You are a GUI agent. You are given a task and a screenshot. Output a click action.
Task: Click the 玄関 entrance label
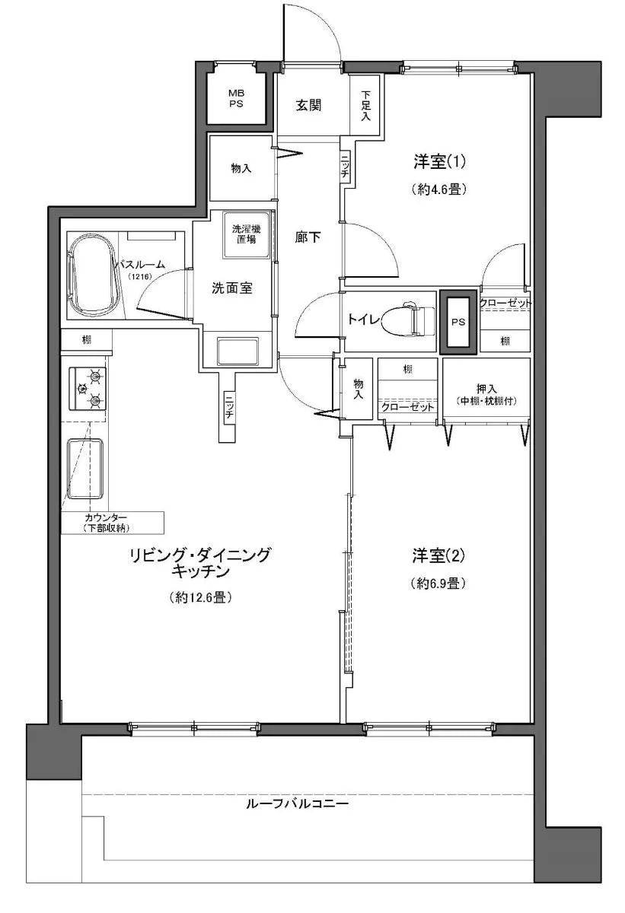(308, 105)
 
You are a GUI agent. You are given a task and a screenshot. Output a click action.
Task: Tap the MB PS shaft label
(236, 99)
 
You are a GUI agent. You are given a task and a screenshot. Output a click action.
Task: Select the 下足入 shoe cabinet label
(365, 106)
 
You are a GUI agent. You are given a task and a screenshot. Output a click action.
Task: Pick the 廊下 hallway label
(308, 237)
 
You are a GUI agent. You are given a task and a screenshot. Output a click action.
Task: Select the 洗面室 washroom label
(232, 288)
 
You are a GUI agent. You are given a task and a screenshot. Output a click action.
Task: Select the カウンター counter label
(112, 517)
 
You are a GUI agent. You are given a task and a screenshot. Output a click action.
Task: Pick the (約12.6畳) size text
(200, 598)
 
